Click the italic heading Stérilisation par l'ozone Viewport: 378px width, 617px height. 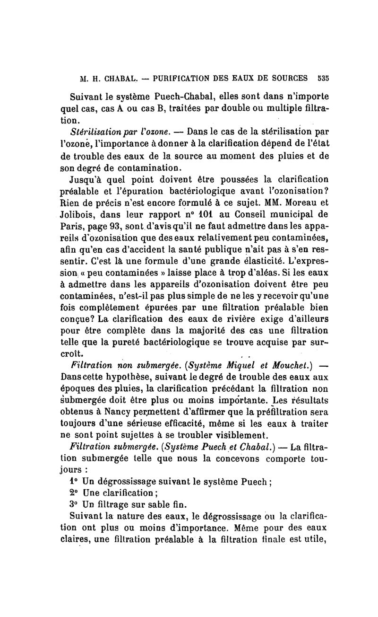[x=125, y=131]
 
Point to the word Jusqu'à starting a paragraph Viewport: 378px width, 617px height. [x=86, y=180]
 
